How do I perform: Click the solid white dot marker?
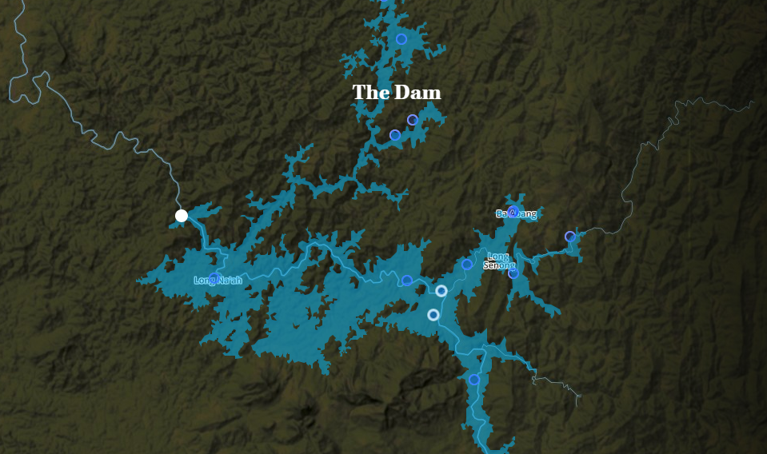(x=182, y=215)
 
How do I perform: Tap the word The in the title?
(x=370, y=93)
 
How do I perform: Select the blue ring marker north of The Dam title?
(x=401, y=38)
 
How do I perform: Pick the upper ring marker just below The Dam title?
(x=413, y=120)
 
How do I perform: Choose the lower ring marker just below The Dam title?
(x=395, y=135)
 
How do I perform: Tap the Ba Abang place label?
(x=516, y=214)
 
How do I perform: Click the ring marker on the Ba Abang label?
(x=513, y=211)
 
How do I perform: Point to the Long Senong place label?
(x=498, y=261)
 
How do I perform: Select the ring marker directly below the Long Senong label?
(x=513, y=273)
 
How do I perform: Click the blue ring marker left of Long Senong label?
(x=467, y=264)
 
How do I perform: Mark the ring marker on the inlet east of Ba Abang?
(x=570, y=237)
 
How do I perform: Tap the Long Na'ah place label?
(x=218, y=281)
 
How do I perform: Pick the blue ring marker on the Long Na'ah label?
(x=214, y=278)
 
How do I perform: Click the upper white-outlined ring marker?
(x=441, y=290)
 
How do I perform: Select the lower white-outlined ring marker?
(x=433, y=315)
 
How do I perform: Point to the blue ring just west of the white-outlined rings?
(x=407, y=280)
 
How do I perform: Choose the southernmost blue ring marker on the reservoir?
(x=474, y=380)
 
